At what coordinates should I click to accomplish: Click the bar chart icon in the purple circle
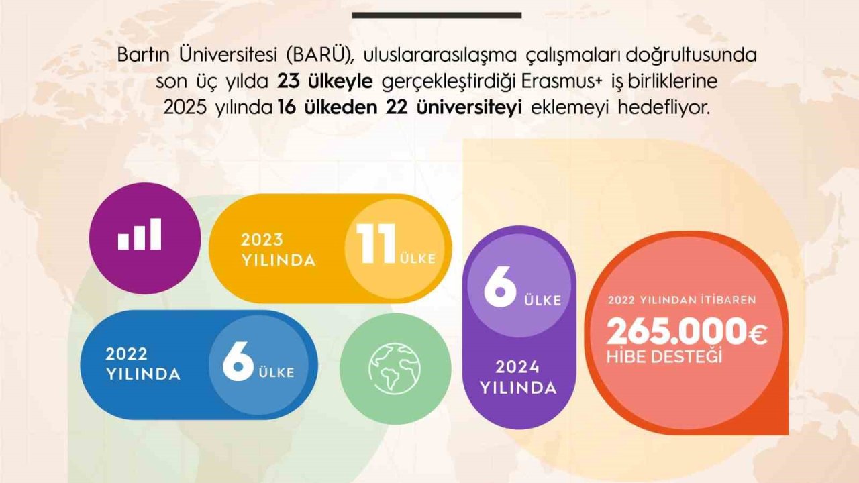[x=140, y=234]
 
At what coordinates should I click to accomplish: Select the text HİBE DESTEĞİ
[x=664, y=356]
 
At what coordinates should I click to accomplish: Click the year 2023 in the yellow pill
[x=262, y=239]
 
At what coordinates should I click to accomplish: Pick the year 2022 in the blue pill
[x=126, y=354]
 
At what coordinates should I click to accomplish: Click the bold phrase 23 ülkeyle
[x=324, y=82]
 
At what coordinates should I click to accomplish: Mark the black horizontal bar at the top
[x=436, y=15]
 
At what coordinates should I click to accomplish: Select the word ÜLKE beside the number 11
[x=417, y=258]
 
